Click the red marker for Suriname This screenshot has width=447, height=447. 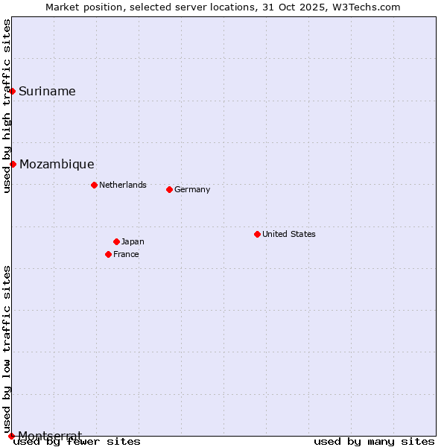click(x=13, y=91)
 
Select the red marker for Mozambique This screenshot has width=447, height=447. click(x=13, y=164)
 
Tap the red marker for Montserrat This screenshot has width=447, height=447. click(x=11, y=435)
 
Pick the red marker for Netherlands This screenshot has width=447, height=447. click(x=94, y=185)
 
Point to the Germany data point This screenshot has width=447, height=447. click(x=169, y=189)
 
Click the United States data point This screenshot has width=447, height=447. click(x=257, y=234)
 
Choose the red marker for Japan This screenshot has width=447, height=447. click(x=116, y=241)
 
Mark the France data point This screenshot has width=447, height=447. click(x=108, y=254)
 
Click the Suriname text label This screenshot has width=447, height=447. click(x=47, y=92)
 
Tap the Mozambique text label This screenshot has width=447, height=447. click(x=57, y=165)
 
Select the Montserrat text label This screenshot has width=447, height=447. click(x=50, y=435)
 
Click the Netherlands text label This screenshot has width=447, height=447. click(x=123, y=185)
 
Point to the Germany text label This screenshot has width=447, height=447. click(x=192, y=189)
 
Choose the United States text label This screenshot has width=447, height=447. click(x=289, y=234)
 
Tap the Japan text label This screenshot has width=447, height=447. click(x=133, y=241)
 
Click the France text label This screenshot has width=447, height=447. click(x=126, y=254)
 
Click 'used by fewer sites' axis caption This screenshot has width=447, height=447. click(x=77, y=442)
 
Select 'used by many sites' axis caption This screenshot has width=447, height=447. click(x=374, y=442)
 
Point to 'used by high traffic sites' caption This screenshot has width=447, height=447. click(x=7, y=106)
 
